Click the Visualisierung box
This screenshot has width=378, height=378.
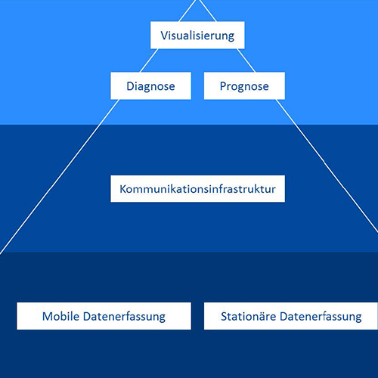tap(197, 35)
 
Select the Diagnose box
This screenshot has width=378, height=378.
tap(150, 85)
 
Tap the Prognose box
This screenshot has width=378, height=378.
tap(244, 85)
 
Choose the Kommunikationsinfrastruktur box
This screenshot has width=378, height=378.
tap(197, 189)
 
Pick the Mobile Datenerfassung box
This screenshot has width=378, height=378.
tap(104, 316)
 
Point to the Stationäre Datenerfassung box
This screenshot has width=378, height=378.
tap(291, 316)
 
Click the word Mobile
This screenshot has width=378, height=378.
tap(60, 316)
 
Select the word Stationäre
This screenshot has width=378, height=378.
tap(249, 316)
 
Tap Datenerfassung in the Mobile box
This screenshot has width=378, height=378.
tap(124, 317)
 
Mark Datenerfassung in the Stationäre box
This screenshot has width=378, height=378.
tap(321, 317)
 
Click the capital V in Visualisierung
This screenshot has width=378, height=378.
tap(164, 36)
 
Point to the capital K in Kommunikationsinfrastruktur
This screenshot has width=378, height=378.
tap(123, 189)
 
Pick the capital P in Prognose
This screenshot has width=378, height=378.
tap(223, 86)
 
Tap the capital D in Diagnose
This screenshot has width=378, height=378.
tap(130, 86)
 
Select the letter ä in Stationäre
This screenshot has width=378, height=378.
tap(262, 317)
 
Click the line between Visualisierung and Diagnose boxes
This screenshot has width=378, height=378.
tap(150, 60)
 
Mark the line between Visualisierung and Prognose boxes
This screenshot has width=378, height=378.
tap(246, 60)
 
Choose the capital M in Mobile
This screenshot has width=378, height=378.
tap(47, 316)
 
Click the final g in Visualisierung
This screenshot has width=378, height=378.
tap(231, 37)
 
